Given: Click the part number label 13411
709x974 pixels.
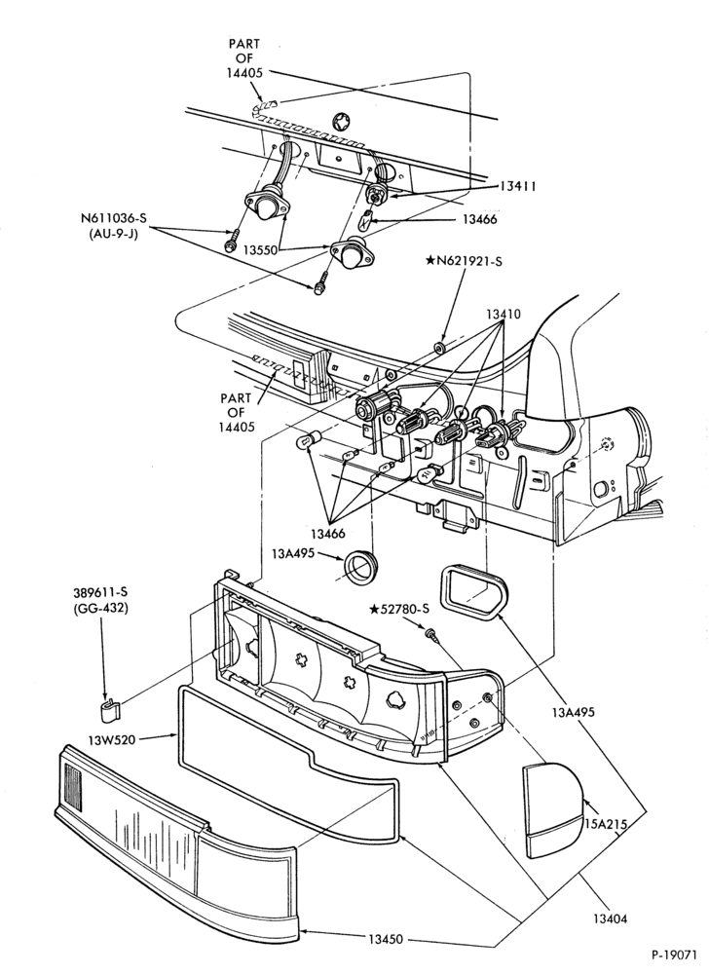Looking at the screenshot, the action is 518,186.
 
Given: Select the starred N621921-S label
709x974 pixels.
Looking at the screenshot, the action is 464,261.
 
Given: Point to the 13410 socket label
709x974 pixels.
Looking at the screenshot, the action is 503,315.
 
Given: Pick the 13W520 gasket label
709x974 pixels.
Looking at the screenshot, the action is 111,740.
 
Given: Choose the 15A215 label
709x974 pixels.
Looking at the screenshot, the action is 606,824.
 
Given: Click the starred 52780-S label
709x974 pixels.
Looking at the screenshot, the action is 400,610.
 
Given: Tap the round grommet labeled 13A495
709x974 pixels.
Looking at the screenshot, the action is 360,565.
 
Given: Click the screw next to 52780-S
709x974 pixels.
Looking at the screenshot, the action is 430,634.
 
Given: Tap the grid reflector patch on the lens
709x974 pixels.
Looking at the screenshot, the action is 73,788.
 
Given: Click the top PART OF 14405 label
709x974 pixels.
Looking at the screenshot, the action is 244,58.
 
